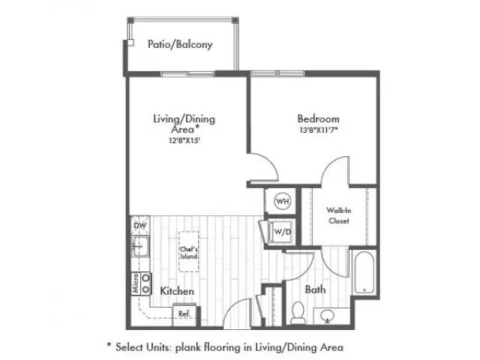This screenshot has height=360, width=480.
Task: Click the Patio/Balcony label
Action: point(180,45)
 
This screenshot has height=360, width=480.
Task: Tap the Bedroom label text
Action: point(318,118)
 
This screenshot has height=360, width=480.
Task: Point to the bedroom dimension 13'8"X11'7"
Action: point(318,130)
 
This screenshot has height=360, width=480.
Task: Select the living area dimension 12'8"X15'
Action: point(184,140)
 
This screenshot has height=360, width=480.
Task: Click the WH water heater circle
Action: point(283,201)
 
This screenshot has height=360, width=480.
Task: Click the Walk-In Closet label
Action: point(338,215)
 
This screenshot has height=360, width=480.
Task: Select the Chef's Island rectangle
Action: point(189,251)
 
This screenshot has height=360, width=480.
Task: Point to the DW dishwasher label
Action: point(140,226)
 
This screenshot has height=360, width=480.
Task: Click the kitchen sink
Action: point(140,247)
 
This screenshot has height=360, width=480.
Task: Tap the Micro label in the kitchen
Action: point(136,283)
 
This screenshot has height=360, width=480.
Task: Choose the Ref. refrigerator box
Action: point(184,314)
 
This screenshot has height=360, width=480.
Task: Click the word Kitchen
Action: point(177,291)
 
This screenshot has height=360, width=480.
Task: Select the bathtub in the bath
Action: point(364,272)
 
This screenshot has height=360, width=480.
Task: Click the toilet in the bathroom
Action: point(298,313)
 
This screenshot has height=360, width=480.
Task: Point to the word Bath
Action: point(315,289)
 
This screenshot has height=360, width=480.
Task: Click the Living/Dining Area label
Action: point(184,124)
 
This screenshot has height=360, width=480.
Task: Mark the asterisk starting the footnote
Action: point(109,344)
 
